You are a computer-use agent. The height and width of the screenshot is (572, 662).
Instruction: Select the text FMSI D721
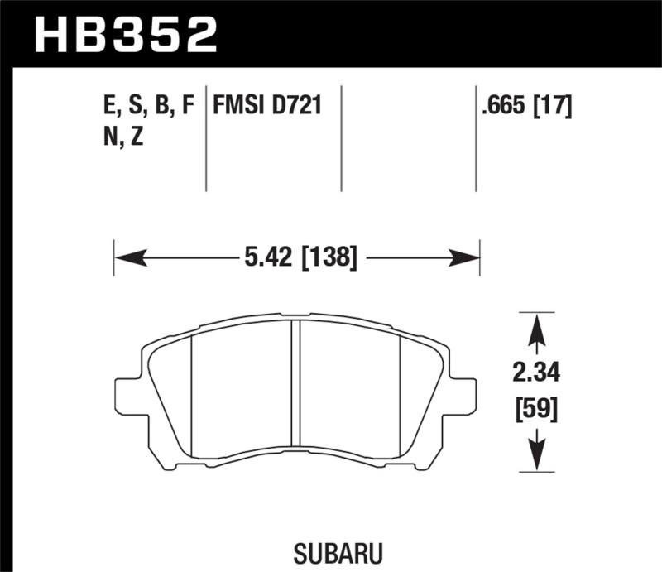(266, 106)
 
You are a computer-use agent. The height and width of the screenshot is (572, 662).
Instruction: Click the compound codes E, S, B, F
(146, 106)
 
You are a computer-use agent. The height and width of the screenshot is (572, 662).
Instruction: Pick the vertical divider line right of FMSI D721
(343, 137)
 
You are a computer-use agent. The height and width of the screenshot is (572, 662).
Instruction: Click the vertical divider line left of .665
(476, 137)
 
